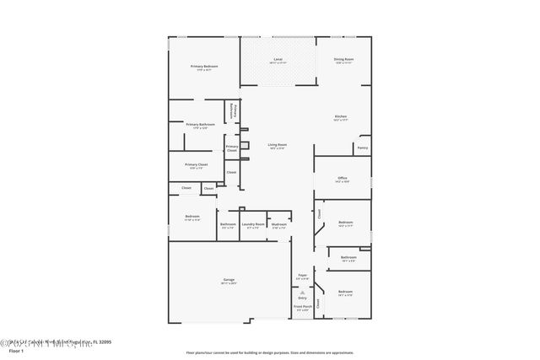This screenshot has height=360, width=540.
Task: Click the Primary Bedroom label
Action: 204,67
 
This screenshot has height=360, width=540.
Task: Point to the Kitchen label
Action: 341,117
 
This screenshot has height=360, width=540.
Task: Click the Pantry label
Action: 362,148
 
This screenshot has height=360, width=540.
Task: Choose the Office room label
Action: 343,179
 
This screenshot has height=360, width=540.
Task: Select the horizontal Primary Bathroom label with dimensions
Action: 201,125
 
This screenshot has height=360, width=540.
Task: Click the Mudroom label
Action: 279,224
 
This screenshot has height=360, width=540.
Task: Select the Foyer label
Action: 302,276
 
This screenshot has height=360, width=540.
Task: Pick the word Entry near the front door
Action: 302,298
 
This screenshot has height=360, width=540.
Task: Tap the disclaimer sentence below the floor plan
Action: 281,352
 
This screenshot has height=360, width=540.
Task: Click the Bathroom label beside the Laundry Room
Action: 228,224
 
